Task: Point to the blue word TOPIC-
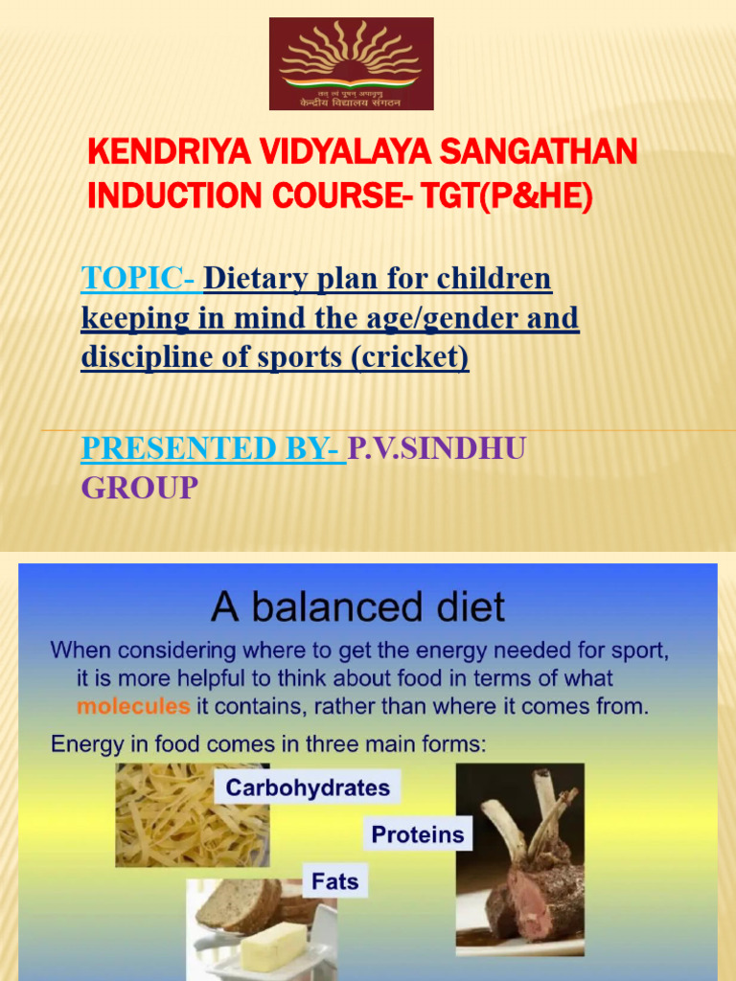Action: pyautogui.click(x=139, y=279)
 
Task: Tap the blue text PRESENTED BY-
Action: pyautogui.click(x=212, y=447)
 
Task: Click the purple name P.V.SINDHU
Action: pyautogui.click(x=437, y=447)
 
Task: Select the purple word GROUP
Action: pyautogui.click(x=140, y=488)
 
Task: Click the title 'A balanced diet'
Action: pyautogui.click(x=357, y=606)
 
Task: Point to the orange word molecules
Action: pyautogui.click(x=133, y=708)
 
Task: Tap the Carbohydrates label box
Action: pyautogui.click(x=308, y=788)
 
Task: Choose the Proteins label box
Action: pyautogui.click(x=417, y=834)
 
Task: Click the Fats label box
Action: pyautogui.click(x=335, y=880)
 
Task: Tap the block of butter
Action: pyautogui.click(x=274, y=946)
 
